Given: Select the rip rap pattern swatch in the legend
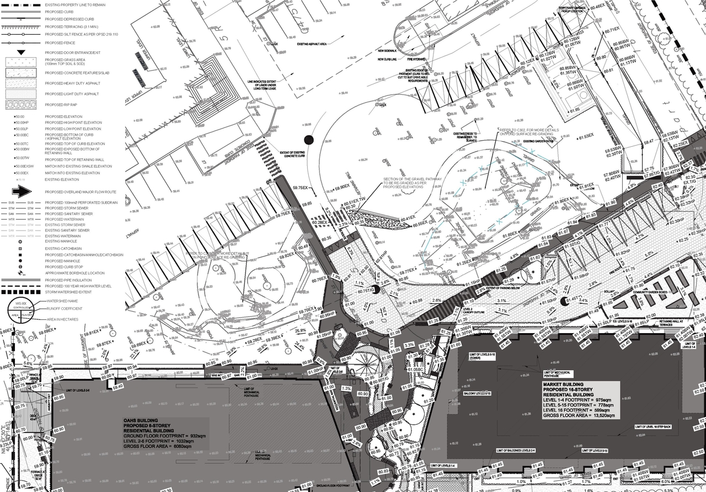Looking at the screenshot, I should click(22, 104).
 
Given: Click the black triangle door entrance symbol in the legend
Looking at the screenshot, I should click(22, 52).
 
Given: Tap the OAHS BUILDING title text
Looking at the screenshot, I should click(141, 420).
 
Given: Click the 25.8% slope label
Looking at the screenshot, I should click(301, 331).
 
